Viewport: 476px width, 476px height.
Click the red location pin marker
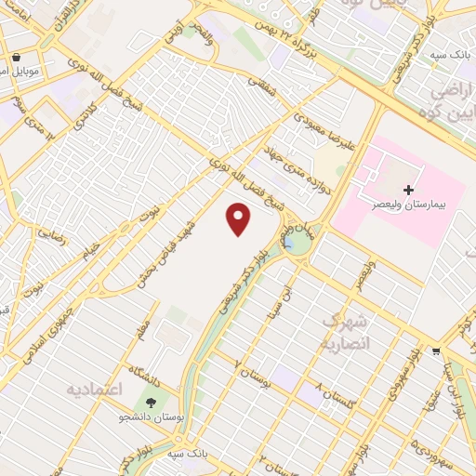(x=239, y=219)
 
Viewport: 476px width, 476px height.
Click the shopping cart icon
(x=436, y=351)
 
